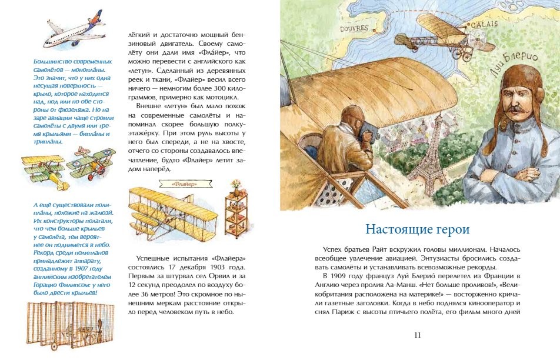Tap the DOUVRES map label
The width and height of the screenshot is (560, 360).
[354, 28]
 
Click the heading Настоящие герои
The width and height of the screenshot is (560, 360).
[417, 228]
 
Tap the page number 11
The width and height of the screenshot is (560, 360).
[418, 335]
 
